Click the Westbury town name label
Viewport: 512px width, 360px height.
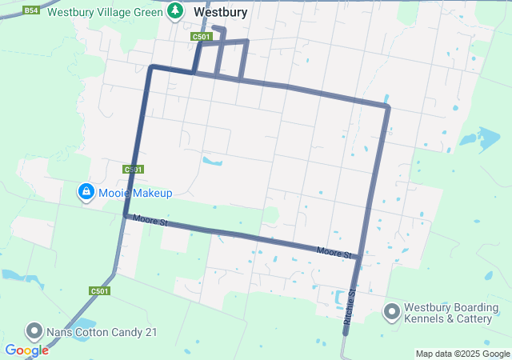220,13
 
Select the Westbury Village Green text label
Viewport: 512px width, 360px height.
105,13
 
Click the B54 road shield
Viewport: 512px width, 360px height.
31,10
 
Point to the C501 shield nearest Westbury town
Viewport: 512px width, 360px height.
201,37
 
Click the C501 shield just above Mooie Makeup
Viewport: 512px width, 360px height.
134,170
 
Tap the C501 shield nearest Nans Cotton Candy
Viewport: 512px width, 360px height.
100,291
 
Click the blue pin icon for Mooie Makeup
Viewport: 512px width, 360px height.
86,192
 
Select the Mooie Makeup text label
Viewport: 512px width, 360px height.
135,193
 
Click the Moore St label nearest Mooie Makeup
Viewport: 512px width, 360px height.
150,220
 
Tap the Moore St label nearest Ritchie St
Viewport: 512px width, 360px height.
334,253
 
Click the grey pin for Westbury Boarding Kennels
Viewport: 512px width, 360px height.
392,312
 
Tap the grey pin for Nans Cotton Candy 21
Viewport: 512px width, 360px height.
34,330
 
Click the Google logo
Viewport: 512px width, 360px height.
26,350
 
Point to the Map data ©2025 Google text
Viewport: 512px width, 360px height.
462,354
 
